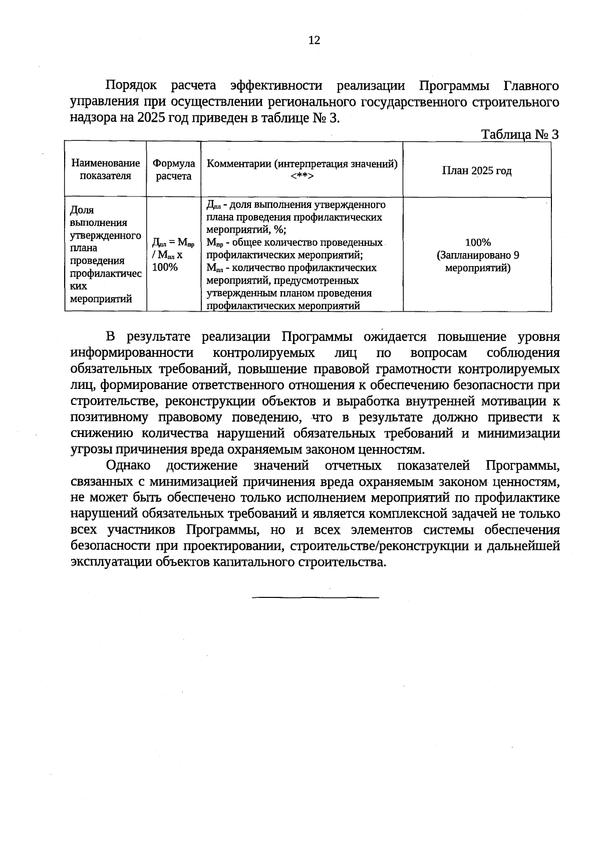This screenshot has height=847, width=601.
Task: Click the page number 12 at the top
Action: pyautogui.click(x=314, y=41)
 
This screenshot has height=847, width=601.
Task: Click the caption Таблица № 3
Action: pyautogui.click(x=519, y=134)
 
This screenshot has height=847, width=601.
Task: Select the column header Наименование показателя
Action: pyautogui.click(x=106, y=169)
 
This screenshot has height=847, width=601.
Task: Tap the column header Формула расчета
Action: pyautogui.click(x=173, y=169)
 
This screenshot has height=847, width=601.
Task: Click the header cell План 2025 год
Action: pyautogui.click(x=476, y=171)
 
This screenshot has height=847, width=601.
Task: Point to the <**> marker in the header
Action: pyautogui.click(x=302, y=176)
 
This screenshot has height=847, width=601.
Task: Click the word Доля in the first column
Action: pyautogui.click(x=82, y=210)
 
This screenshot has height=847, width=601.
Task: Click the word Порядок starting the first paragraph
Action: pyautogui.click(x=131, y=86)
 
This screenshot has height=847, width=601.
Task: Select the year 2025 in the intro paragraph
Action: pyautogui.click(x=150, y=118)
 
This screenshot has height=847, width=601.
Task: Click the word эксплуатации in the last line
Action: pyautogui.click(x=111, y=562)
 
